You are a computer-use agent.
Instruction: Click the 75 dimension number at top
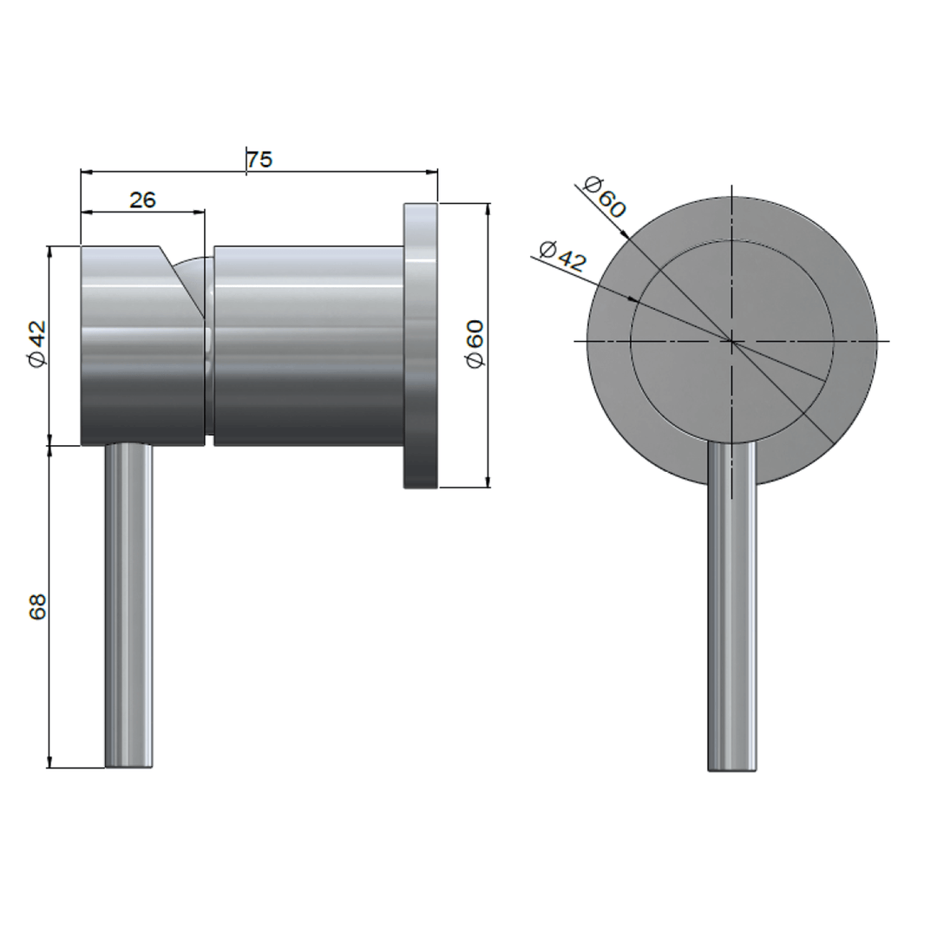[259, 160]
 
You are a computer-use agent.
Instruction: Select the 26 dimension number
[143, 200]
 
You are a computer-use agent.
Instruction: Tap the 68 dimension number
[37, 606]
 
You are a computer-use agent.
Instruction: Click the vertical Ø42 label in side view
[37, 344]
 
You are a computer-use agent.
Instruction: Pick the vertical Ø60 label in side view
[475, 344]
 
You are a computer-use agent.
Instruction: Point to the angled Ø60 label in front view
[604, 197]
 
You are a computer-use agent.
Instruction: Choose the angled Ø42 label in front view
[562, 257]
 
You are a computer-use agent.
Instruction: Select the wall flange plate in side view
[421, 345]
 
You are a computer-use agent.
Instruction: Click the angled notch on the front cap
[183, 279]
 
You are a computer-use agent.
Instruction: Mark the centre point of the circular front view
[732, 342]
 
